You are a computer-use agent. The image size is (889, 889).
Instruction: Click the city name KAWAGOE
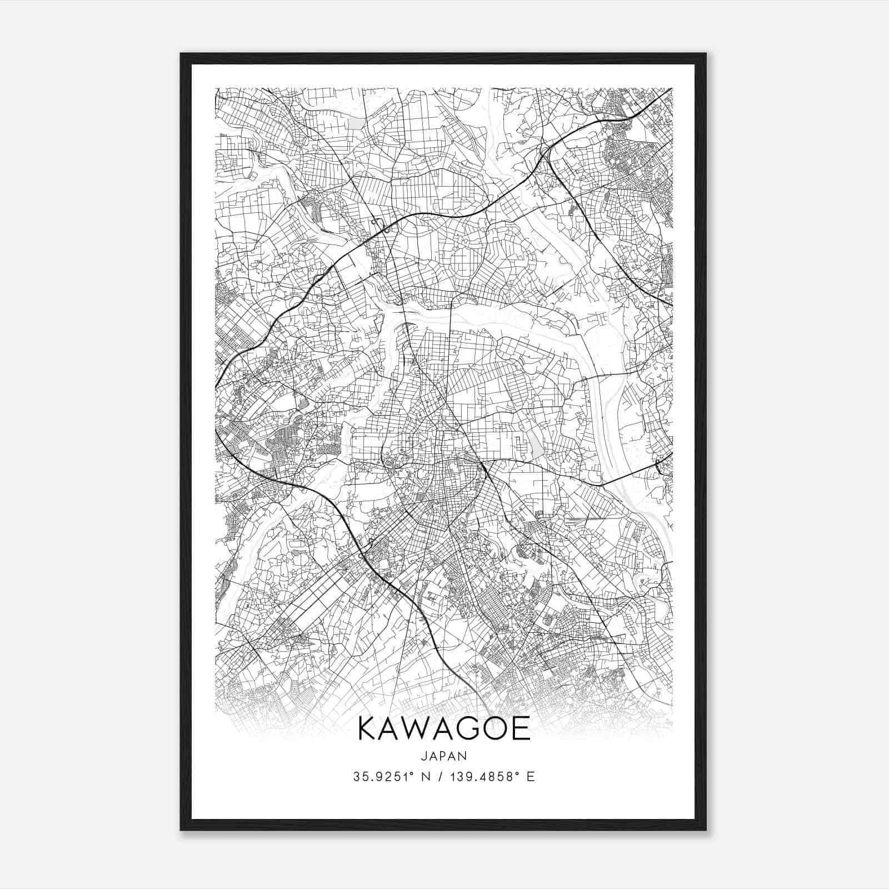click(444, 728)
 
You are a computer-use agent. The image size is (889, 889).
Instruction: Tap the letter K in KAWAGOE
click(369, 728)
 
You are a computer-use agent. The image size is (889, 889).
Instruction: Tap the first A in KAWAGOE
click(393, 728)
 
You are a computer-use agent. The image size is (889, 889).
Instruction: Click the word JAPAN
click(444, 756)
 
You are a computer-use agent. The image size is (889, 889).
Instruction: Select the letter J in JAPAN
click(424, 756)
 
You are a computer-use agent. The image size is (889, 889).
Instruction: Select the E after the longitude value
click(531, 777)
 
